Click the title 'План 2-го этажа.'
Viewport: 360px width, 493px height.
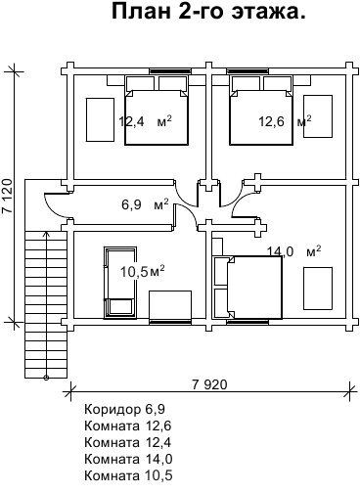pyautogui.click(x=208, y=12)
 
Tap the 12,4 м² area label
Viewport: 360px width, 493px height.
pyautogui.click(x=145, y=121)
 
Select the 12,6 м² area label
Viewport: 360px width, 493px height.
pyautogui.click(x=285, y=121)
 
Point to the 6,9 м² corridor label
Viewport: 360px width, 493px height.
pyautogui.click(x=145, y=204)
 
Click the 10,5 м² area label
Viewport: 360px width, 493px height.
pyautogui.click(x=142, y=271)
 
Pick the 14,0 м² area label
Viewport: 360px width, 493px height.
pyautogui.click(x=294, y=251)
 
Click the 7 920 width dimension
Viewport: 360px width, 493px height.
pyautogui.click(x=209, y=384)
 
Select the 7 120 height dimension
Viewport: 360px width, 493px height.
pyautogui.click(x=8, y=196)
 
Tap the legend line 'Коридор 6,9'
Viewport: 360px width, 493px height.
pyautogui.click(x=125, y=409)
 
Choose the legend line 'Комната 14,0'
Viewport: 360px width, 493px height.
pyautogui.click(x=128, y=459)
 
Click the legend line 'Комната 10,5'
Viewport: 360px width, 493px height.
pyautogui.click(x=128, y=475)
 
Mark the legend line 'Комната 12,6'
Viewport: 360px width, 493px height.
pyautogui.click(x=128, y=426)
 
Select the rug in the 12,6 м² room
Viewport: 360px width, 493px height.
pyautogui.click(x=318, y=116)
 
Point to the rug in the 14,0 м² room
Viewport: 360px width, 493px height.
pyautogui.click(x=318, y=289)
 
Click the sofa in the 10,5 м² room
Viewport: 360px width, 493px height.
pyautogui.click(x=120, y=283)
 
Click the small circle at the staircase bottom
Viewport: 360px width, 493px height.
pyautogui.click(x=46, y=378)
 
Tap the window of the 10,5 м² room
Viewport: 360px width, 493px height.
pyautogui.click(x=170, y=322)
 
